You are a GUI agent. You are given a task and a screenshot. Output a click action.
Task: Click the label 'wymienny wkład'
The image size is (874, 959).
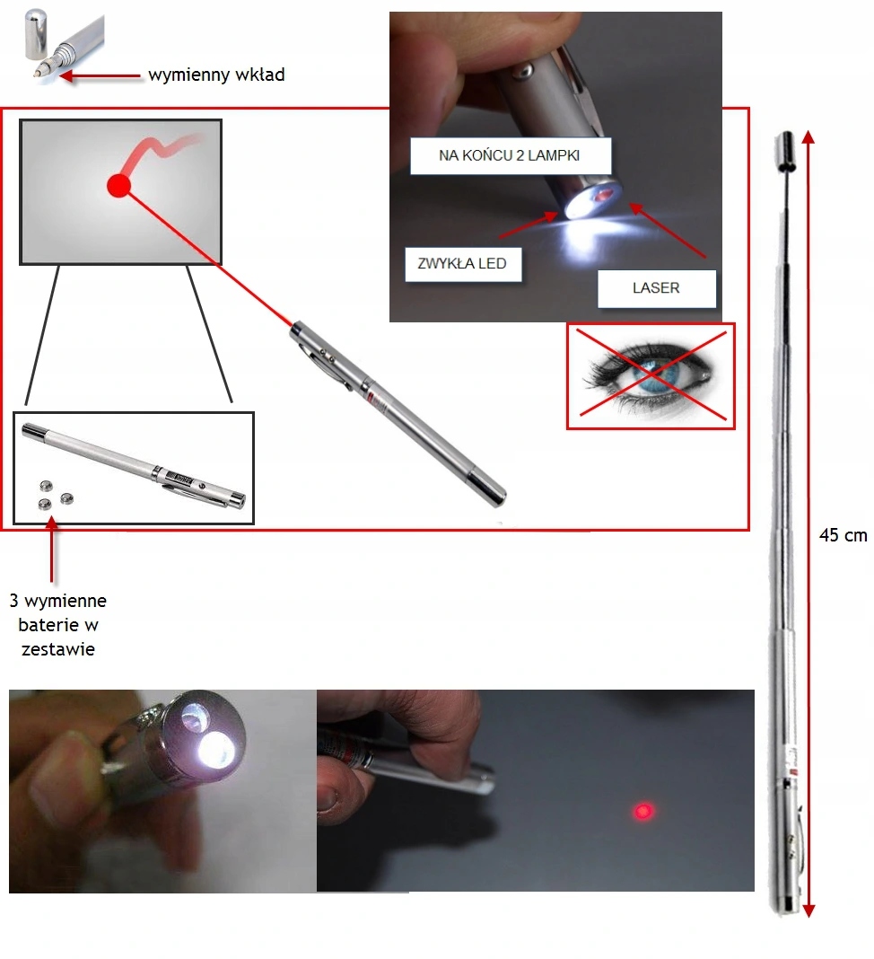point(216,75)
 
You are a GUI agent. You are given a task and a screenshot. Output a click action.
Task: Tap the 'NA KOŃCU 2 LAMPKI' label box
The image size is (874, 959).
point(510,156)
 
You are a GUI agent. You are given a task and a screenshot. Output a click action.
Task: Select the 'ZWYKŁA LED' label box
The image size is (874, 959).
point(463,264)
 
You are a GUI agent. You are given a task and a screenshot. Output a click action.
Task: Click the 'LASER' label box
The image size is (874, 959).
point(656,288)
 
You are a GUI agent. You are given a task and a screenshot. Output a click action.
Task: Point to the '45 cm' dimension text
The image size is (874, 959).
point(843,535)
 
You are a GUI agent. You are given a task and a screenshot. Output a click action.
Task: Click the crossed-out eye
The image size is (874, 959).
point(651,375)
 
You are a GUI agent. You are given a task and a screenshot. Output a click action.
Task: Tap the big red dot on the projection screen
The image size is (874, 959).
point(118,185)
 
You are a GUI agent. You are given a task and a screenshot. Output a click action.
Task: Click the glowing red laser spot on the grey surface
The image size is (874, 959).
point(642,811)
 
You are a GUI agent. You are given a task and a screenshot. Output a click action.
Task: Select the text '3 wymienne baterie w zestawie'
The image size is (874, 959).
point(57,624)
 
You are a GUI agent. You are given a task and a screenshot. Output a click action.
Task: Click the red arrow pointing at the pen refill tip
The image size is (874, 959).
point(101,76)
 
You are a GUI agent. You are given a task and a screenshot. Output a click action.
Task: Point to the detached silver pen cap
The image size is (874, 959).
point(36,34)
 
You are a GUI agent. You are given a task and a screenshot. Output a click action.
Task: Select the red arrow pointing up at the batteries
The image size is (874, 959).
point(52,549)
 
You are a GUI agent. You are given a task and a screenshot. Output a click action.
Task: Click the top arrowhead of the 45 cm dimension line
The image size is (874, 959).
point(808,137)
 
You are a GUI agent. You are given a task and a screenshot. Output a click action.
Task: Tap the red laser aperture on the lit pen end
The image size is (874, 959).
point(604,195)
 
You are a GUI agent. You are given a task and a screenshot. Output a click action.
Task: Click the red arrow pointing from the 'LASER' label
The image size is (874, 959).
point(667,231)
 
